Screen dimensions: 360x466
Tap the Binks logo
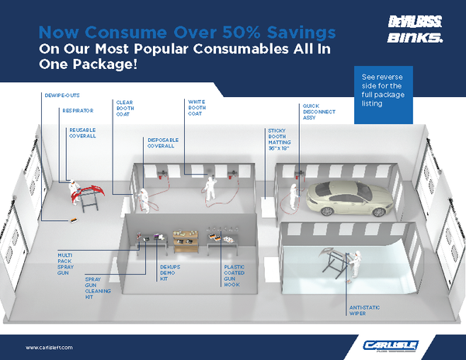[x=416, y=37]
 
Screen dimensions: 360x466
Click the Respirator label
[x=78, y=111]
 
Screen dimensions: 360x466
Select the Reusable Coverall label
[x=83, y=133]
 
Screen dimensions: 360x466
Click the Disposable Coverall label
[x=163, y=143]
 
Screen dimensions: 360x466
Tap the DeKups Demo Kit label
[x=169, y=272]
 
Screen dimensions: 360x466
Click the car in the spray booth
[x=345, y=197]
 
